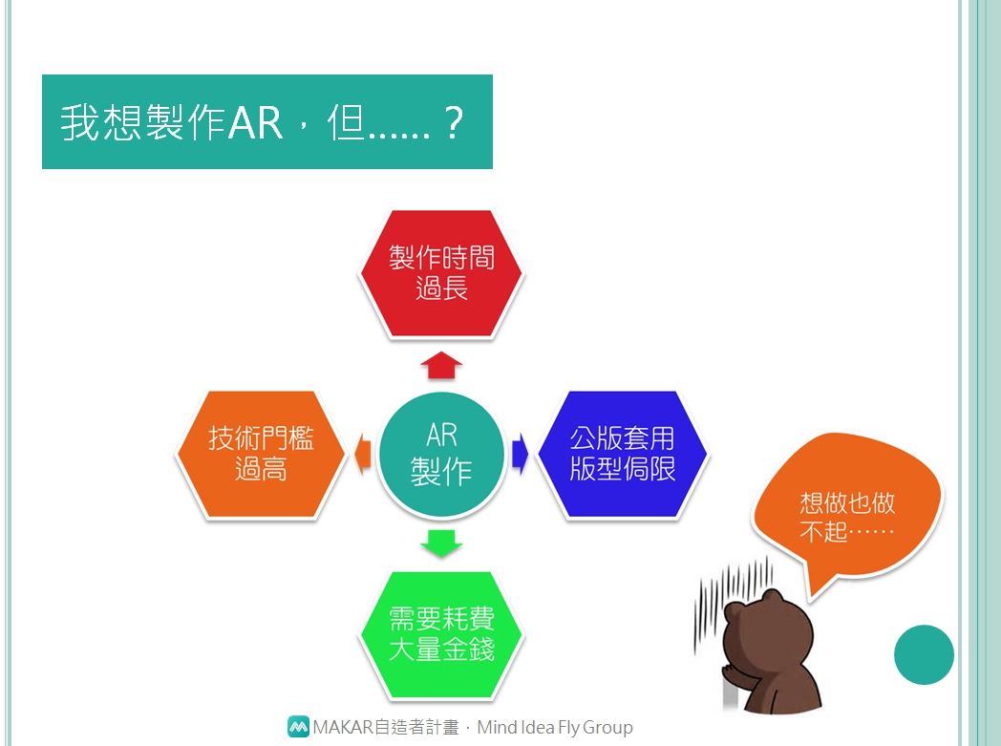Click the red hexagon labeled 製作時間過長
442,273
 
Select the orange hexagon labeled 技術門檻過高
261,454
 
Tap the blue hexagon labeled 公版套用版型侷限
623,454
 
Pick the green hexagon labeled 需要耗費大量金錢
442,634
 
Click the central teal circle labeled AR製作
442,454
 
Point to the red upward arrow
442,364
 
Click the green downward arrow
442,544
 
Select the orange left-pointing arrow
363,454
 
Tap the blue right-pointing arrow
521,454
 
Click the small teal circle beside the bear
924,654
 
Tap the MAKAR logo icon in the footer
298,726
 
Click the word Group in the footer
607,728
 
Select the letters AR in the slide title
255,122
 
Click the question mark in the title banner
454,122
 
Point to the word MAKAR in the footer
343,727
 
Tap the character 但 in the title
346,122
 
